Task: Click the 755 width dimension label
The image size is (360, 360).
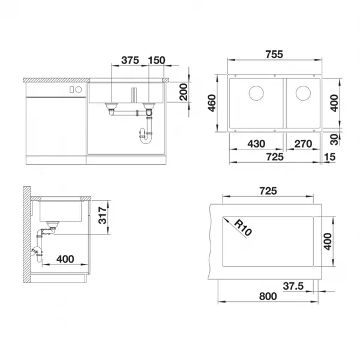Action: pos(274,55)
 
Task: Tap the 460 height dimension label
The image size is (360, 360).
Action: pos(212,103)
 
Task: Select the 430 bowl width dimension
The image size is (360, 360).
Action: pos(256,144)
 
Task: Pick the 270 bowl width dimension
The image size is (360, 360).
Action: pos(303,144)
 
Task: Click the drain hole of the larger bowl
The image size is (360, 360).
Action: pos(256,93)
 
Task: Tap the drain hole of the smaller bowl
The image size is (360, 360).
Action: pos(303,93)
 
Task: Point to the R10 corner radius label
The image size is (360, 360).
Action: pos(243,228)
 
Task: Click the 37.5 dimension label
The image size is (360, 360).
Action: pos(293,286)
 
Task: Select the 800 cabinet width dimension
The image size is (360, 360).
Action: pos(268,296)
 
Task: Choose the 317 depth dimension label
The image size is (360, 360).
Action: pos(103,215)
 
